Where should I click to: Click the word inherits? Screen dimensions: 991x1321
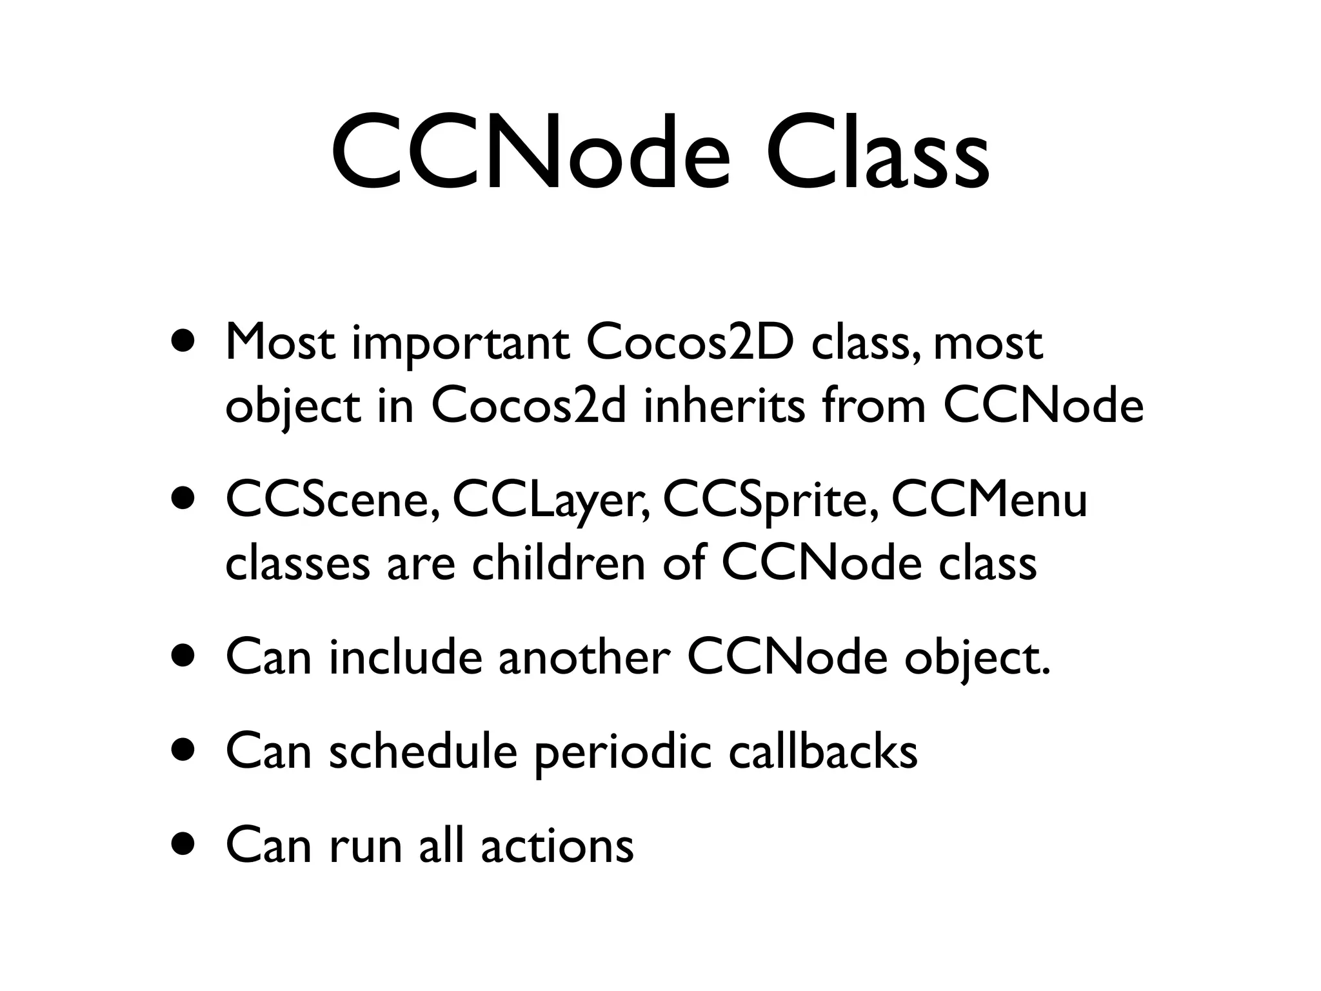point(724,406)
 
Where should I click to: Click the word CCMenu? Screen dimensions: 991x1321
point(989,501)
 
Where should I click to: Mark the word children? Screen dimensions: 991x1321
point(559,563)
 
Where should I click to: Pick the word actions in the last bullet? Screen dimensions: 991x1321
point(557,845)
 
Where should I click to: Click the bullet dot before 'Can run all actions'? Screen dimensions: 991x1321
point(183,845)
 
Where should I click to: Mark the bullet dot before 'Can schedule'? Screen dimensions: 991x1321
point(183,750)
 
